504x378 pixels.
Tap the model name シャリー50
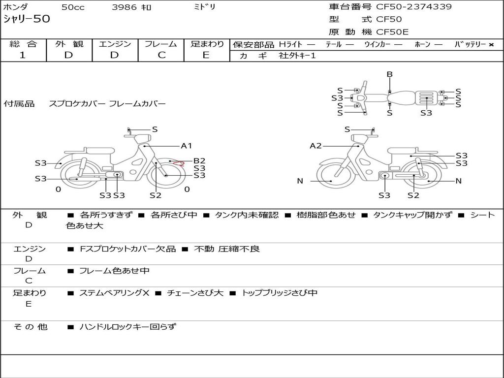[x=27, y=19]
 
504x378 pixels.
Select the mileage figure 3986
[x=125, y=7]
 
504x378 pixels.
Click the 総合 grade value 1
[x=22, y=55]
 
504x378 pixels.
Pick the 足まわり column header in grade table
[x=207, y=44]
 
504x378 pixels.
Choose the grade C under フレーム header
[x=161, y=55]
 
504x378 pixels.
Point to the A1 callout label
[x=186, y=146]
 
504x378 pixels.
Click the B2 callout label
[x=199, y=160]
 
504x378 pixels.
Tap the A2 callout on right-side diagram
[x=315, y=146]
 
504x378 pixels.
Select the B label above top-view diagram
[x=389, y=74]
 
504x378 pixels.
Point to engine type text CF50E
[x=392, y=32]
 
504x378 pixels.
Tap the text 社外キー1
[x=298, y=56]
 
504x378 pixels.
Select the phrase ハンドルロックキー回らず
[x=127, y=326]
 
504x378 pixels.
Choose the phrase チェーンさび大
[x=195, y=293]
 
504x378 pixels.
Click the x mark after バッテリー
[x=491, y=44]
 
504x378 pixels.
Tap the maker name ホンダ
[x=15, y=7]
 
